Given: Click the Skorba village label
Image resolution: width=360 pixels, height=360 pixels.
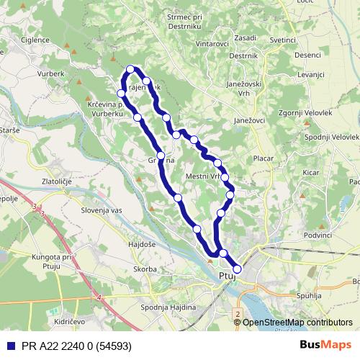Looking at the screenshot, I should click(x=144, y=269).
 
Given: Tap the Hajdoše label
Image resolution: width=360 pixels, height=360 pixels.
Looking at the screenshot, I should click(x=143, y=246).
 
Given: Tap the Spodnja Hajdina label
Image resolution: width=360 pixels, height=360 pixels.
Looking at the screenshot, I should click(x=168, y=308).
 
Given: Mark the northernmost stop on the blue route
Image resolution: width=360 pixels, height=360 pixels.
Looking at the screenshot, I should click(x=130, y=69).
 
